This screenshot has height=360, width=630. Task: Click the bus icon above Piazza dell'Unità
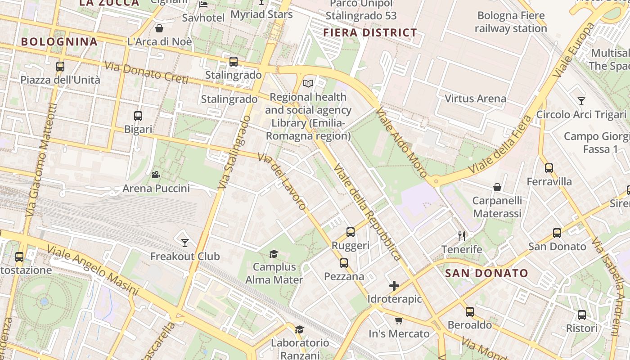[x=60, y=67]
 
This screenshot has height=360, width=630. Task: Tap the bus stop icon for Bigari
[x=138, y=116]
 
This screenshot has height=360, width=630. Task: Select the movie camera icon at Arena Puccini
[x=156, y=175]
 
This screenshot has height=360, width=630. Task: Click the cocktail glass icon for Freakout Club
[x=184, y=243]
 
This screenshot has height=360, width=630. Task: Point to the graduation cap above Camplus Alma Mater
[x=274, y=254]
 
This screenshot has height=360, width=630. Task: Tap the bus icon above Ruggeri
[x=351, y=232]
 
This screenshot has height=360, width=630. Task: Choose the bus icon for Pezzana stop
[x=344, y=263]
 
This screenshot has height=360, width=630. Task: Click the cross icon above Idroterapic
[x=394, y=286]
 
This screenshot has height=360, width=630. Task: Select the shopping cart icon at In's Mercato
[x=399, y=320]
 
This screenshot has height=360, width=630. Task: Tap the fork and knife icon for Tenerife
[x=462, y=236]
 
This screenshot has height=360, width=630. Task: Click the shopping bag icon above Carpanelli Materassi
[x=497, y=187]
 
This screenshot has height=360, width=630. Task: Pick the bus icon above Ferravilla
[x=549, y=168]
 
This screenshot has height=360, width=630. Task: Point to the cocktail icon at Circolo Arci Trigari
[x=581, y=101]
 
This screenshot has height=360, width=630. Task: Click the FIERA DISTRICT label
[x=370, y=33]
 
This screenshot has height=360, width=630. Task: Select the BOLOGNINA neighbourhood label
[x=59, y=42]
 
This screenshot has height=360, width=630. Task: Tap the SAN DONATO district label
[x=486, y=273]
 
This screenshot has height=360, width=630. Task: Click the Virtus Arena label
[x=475, y=99]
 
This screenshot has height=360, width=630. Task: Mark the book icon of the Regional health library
[x=308, y=83]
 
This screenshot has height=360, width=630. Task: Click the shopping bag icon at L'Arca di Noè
[x=159, y=29]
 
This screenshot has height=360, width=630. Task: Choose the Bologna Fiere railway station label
[x=511, y=22]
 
